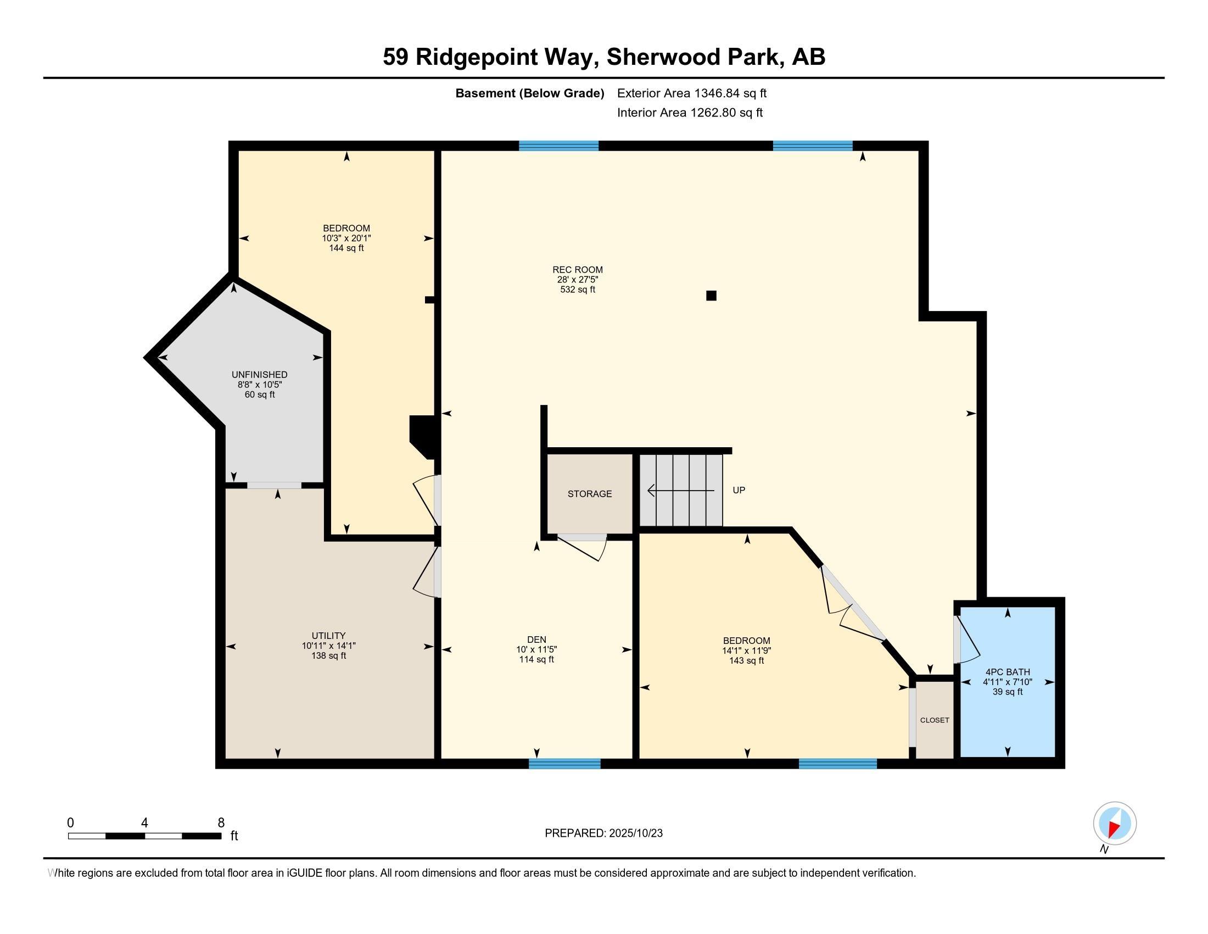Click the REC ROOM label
(x=578, y=270)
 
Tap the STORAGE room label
(x=590, y=493)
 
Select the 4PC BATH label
(x=1007, y=672)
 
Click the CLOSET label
(x=934, y=720)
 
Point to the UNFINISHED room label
(x=259, y=375)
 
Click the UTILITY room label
(x=328, y=636)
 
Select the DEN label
(x=536, y=640)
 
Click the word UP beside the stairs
(x=739, y=490)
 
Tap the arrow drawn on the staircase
(x=680, y=491)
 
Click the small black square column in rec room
(x=711, y=296)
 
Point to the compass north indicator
(x=1115, y=824)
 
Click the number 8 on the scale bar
(x=221, y=823)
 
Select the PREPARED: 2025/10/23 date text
(x=603, y=833)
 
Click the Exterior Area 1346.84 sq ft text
(x=691, y=93)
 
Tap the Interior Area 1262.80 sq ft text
(x=690, y=113)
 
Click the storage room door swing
(x=584, y=548)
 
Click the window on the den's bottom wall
(x=564, y=764)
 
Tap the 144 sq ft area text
(x=346, y=248)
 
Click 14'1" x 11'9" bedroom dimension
(x=746, y=651)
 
